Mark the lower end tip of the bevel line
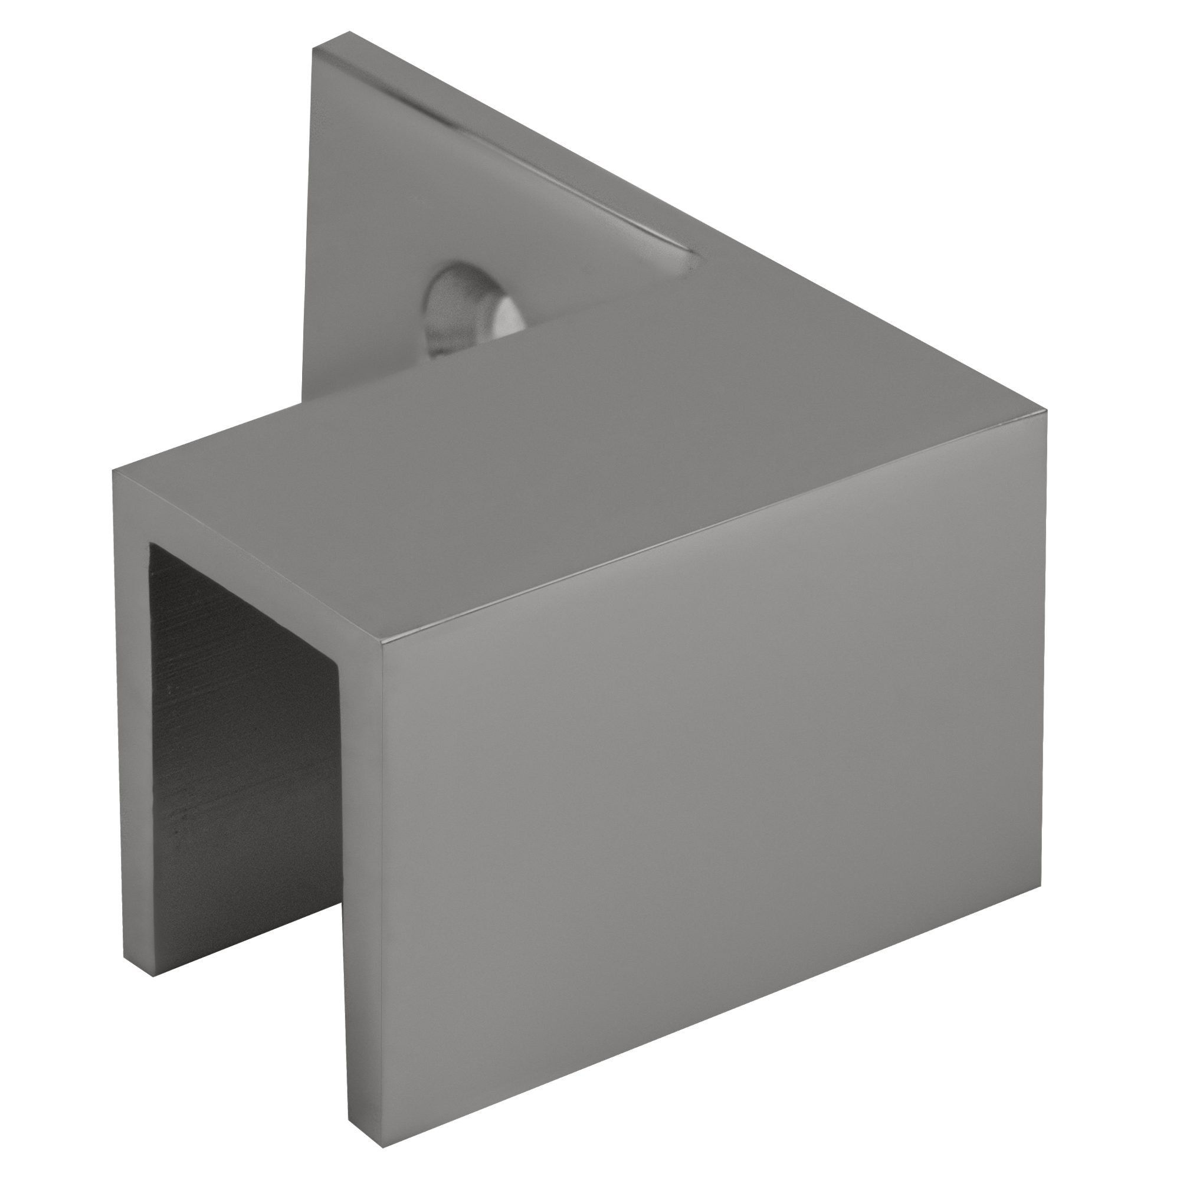coord(696,268)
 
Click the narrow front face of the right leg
coord(360,886)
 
